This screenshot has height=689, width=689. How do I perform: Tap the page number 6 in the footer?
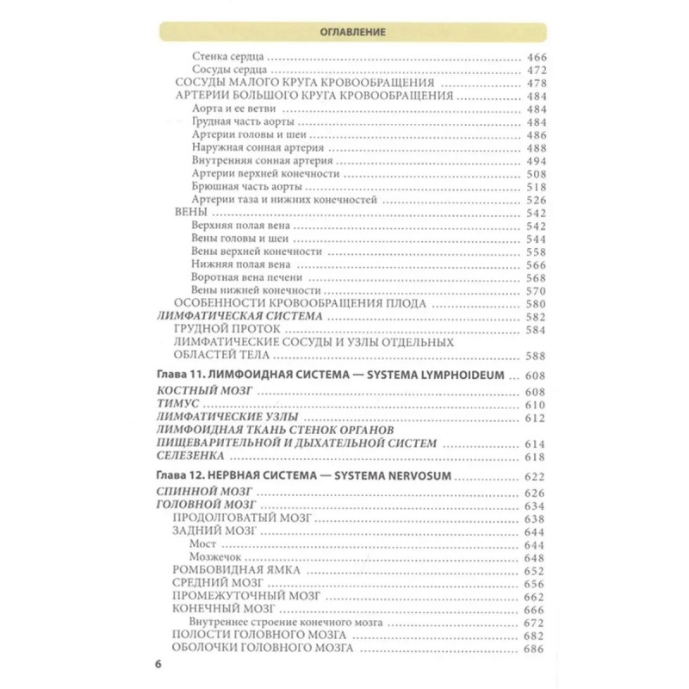[x=158, y=663]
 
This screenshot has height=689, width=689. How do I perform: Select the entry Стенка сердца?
[x=227, y=56]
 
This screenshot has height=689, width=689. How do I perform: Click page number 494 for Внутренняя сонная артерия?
[x=535, y=161]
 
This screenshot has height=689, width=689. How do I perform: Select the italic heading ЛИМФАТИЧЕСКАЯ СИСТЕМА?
[x=240, y=317]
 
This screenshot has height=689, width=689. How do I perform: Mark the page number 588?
[x=535, y=355]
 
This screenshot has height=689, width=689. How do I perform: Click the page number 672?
[x=535, y=622]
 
